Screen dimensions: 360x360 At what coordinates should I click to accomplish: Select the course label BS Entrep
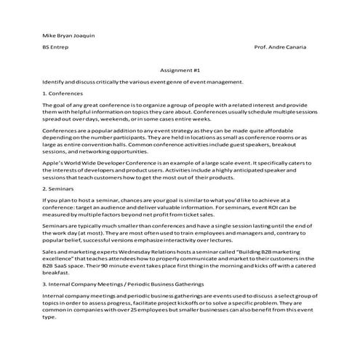click(55, 47)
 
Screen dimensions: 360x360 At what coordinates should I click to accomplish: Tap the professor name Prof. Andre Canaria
click(281, 47)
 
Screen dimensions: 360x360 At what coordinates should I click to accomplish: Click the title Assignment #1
click(179, 71)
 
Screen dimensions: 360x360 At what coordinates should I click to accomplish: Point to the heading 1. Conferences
click(63, 94)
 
